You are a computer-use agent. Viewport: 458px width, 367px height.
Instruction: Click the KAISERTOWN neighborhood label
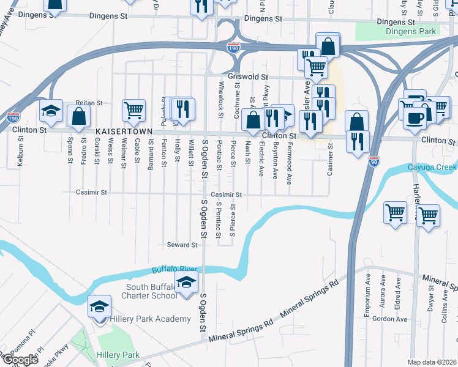(x=123, y=132)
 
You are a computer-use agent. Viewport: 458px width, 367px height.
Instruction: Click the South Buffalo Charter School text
(x=151, y=291)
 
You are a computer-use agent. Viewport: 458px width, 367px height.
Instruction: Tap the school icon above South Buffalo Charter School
(x=187, y=282)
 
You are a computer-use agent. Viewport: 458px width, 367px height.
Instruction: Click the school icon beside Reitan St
(x=51, y=110)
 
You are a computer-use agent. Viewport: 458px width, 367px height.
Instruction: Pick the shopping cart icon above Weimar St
(x=133, y=110)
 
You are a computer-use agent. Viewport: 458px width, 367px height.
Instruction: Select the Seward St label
(x=182, y=245)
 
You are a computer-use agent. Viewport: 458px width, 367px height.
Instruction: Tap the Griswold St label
(x=248, y=77)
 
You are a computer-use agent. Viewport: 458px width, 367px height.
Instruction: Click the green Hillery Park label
(x=118, y=355)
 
